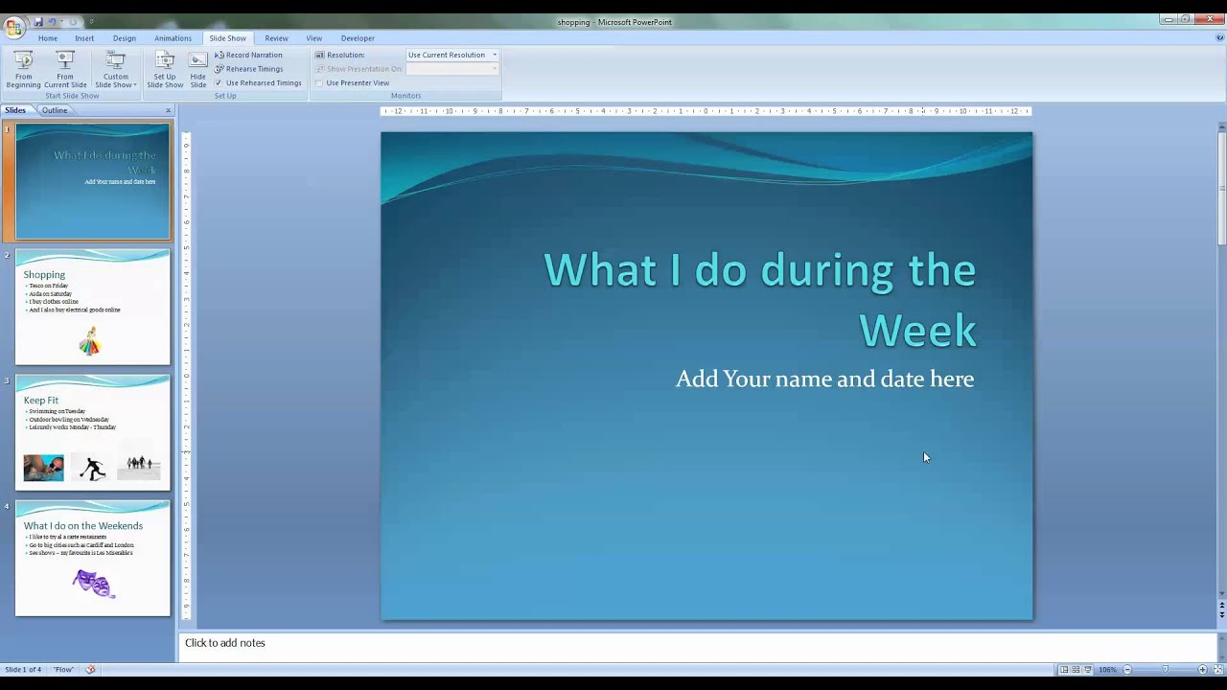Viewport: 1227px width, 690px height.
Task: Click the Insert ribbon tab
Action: [84, 38]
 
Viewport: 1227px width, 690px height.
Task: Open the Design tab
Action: [125, 38]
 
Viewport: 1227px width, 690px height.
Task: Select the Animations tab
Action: [173, 38]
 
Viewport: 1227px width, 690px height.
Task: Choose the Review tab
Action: [276, 38]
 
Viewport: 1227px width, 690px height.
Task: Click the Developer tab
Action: [358, 38]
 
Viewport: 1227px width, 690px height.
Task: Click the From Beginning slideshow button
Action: [23, 69]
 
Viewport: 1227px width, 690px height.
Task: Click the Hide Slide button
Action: [198, 69]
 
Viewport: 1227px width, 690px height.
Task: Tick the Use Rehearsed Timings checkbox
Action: [219, 83]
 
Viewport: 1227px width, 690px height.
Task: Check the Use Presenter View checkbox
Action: [319, 83]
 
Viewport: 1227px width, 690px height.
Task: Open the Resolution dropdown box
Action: [452, 55]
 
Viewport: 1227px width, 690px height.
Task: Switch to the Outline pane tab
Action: [55, 110]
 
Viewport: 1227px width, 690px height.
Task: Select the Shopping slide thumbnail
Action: [92, 307]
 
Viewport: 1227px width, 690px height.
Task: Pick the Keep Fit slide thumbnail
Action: [92, 432]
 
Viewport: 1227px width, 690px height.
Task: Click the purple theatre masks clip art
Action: [94, 583]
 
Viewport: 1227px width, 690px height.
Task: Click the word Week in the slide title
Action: [917, 331]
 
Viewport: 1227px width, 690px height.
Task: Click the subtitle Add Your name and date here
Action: [824, 379]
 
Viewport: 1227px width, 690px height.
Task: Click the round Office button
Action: [13, 27]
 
